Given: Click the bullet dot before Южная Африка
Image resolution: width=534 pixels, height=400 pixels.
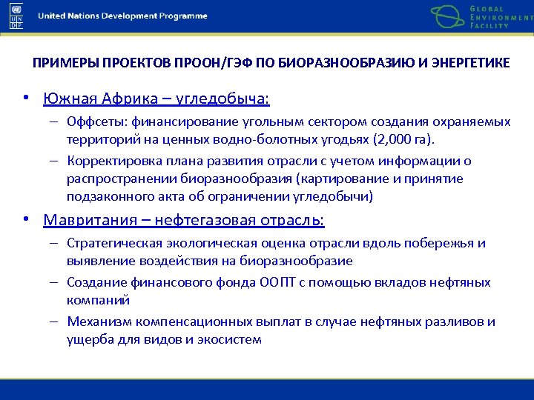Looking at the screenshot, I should click(26, 99).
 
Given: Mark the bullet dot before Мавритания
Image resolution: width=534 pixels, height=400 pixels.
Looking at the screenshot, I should click(26, 221).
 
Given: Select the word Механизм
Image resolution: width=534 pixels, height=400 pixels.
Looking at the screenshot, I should click(94, 321).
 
